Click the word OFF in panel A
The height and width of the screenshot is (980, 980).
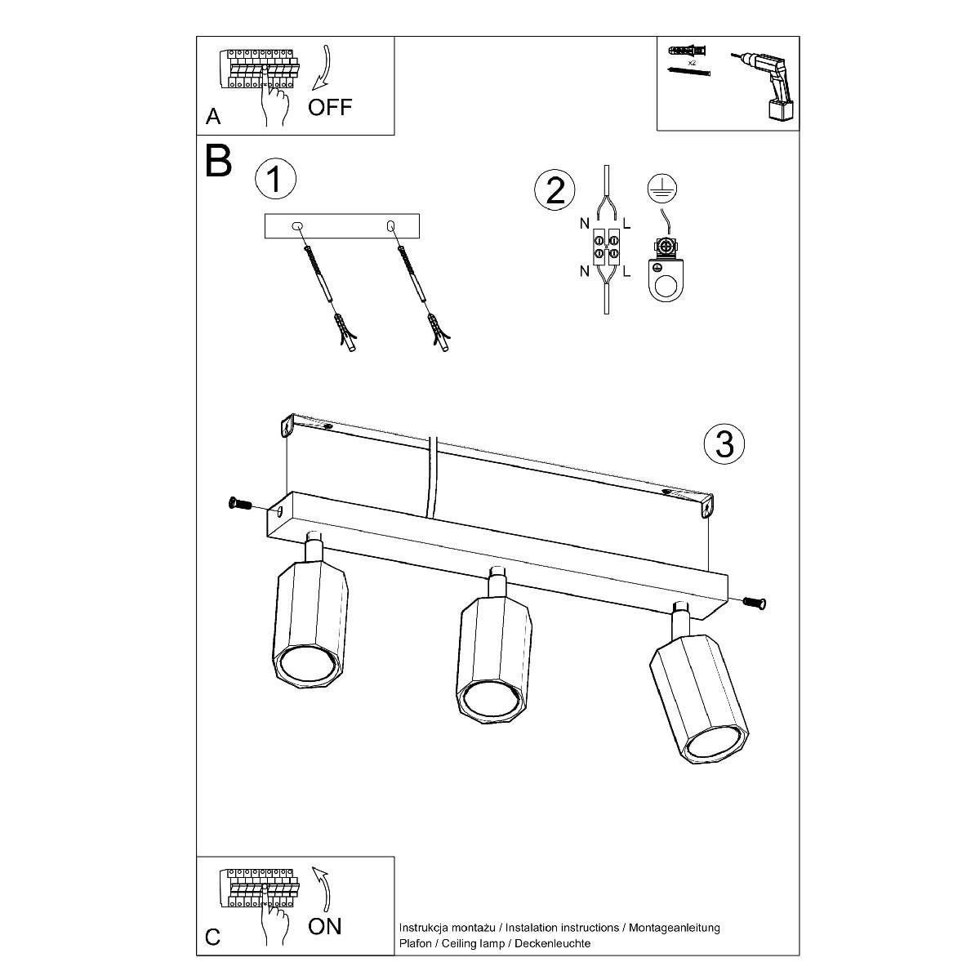(330, 107)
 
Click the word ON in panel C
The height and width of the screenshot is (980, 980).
(325, 925)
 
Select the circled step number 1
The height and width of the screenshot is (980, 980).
(274, 179)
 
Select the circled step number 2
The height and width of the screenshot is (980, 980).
(555, 190)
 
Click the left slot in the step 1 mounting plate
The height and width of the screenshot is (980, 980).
(297, 225)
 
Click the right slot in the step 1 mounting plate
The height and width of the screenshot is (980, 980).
(390, 225)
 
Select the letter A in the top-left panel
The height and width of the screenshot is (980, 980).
(213, 117)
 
